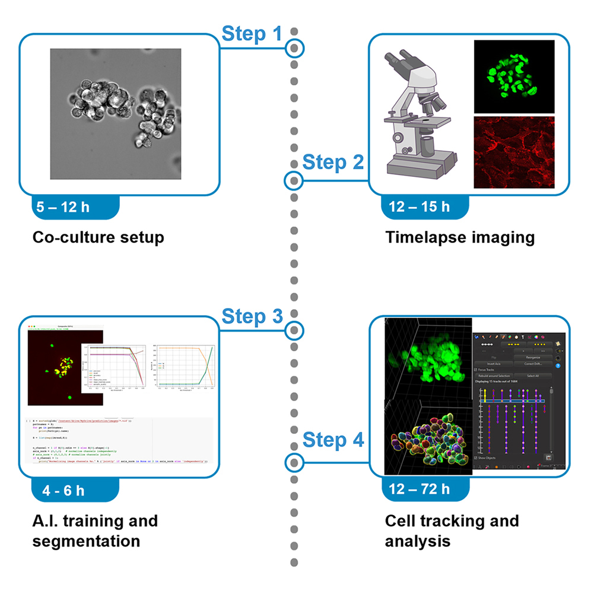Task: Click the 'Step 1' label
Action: tap(252, 34)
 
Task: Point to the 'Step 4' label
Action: tap(333, 440)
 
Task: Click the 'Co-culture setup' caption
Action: tap(98, 238)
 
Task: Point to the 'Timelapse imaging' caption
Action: tap(460, 238)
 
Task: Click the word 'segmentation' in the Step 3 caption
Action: tap(86, 541)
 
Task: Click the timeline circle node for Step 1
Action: tap(294, 47)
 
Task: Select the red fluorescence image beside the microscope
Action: tap(514, 152)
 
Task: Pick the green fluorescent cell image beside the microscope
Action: tap(514, 77)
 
